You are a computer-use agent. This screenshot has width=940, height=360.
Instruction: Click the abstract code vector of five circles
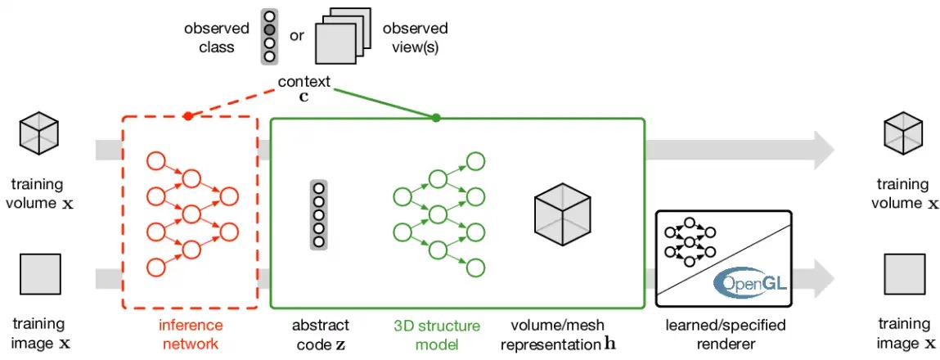pos(319,214)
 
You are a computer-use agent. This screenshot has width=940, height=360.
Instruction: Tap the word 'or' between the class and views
pos(297,36)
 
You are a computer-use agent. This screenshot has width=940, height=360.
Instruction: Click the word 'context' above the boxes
pos(304,81)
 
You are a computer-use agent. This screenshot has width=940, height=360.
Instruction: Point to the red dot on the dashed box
pos(188,117)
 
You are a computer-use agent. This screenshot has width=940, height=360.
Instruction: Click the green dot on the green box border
pos(435,118)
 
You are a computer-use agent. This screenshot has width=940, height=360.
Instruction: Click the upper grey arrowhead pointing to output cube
pos(821,150)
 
